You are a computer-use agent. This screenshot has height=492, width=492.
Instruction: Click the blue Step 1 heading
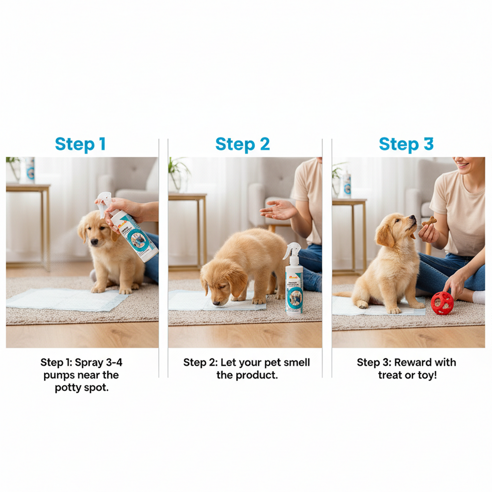(x=80, y=144)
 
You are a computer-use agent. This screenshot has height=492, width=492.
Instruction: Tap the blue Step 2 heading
(x=242, y=144)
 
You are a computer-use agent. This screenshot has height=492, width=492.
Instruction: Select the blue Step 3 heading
(x=406, y=144)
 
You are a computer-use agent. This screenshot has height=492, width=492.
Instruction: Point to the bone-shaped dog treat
(x=429, y=222)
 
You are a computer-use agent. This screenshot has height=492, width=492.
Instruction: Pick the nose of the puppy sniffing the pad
(x=216, y=303)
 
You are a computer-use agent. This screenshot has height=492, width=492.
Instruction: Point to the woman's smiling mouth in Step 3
(x=462, y=165)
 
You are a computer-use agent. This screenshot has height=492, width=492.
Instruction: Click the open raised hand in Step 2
(x=277, y=209)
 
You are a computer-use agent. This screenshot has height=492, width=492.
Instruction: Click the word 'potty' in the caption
(x=68, y=388)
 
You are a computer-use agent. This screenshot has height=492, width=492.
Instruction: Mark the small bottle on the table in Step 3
(x=347, y=185)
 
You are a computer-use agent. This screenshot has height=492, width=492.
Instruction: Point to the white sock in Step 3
(x=479, y=297)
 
